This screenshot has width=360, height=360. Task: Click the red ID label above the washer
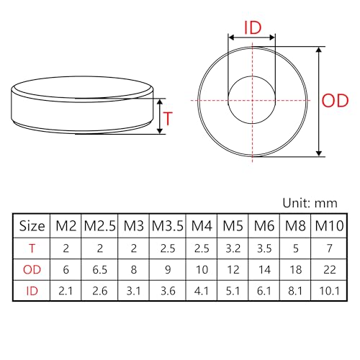(253, 27)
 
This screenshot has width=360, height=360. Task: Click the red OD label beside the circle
(335, 101)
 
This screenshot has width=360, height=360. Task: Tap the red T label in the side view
(168, 118)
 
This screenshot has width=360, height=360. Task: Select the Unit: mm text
(310, 203)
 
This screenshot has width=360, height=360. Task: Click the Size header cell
(32, 226)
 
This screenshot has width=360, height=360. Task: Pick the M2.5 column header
(99, 226)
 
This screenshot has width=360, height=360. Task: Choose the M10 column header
(329, 226)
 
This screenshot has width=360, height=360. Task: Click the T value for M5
(233, 248)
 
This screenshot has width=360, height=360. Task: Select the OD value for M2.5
(99, 270)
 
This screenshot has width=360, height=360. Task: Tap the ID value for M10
(329, 291)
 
